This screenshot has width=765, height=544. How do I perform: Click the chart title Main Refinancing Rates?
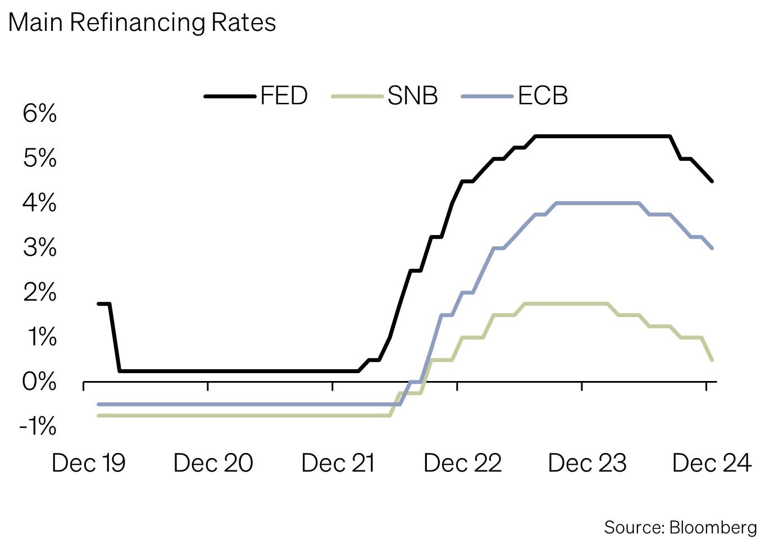click(x=142, y=23)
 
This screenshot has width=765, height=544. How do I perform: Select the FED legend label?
click(x=284, y=96)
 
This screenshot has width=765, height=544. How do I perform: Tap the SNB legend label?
click(x=412, y=96)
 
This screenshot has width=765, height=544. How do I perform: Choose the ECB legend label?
click(x=543, y=96)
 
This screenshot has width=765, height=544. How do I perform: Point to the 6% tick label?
click(x=39, y=114)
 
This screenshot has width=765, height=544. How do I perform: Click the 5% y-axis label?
click(x=39, y=158)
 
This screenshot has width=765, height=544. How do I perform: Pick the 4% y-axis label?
click(x=39, y=203)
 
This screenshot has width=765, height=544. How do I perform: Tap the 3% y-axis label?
click(x=39, y=248)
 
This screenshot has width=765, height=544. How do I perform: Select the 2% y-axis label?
click(x=39, y=292)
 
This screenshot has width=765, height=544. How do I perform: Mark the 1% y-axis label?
click(x=42, y=337)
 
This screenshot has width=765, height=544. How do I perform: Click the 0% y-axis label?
click(x=39, y=382)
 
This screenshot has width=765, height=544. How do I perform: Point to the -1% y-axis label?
click(x=38, y=427)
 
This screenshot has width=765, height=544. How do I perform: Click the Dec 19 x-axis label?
click(x=88, y=464)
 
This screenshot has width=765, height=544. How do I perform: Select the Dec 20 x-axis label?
click(x=213, y=464)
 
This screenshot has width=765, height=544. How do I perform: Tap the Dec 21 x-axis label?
click(x=338, y=464)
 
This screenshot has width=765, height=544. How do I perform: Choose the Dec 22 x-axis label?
click(x=462, y=464)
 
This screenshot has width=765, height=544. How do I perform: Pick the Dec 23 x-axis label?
click(x=587, y=464)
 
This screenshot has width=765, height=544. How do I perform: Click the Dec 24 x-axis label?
click(x=711, y=464)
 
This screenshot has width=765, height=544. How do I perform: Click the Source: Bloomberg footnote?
click(x=680, y=527)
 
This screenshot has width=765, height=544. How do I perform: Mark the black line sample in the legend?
click(x=230, y=96)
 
